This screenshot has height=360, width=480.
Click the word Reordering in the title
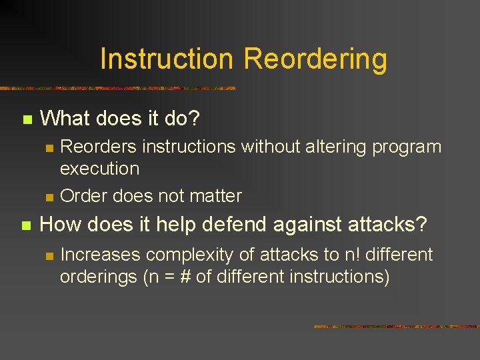pos(315,59)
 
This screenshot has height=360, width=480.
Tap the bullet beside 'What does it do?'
pos(27,120)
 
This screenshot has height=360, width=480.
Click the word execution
pos(99,169)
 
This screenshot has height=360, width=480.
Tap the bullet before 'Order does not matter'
pos(48,197)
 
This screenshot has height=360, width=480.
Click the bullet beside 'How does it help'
pos(27,227)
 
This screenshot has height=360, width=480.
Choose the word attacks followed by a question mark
pos(388,225)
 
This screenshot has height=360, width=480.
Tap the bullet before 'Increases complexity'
pos(48,256)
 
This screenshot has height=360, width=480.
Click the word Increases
pos(101,255)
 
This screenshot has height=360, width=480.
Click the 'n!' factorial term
pos(351,255)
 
